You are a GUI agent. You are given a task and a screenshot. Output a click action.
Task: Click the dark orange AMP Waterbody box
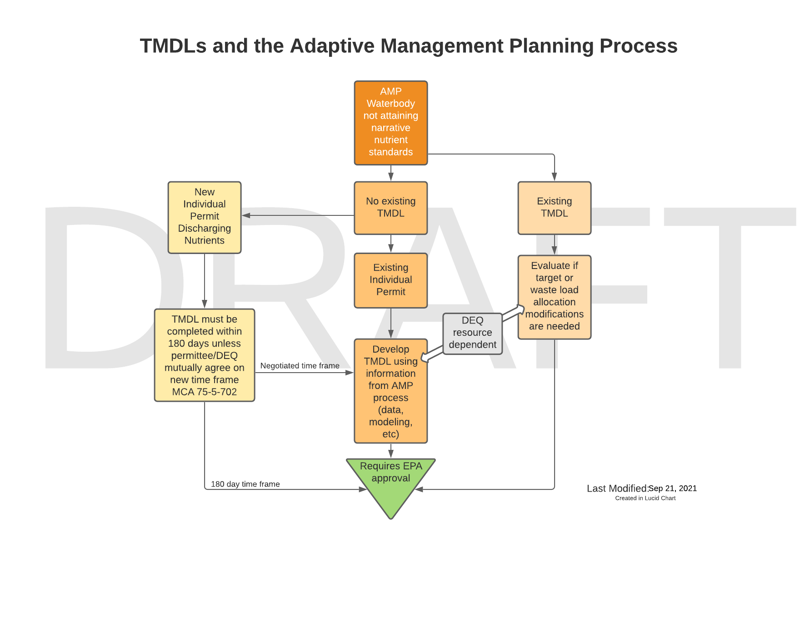point(390,123)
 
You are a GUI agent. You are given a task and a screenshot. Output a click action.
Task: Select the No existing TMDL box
point(390,208)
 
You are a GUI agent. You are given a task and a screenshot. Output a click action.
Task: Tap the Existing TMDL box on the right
point(554,208)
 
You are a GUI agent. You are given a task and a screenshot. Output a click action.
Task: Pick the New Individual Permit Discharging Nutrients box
point(204,217)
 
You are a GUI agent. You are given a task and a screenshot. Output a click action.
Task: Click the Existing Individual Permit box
point(390,280)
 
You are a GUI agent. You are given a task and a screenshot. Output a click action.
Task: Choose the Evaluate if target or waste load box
point(554,296)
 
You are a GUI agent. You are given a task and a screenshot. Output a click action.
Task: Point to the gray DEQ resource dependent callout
point(472,333)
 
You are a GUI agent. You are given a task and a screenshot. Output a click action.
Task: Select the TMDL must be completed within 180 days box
point(204,355)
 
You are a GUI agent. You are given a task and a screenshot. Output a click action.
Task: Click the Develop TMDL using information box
point(390,391)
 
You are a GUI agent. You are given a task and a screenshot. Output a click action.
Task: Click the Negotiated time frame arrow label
point(300,366)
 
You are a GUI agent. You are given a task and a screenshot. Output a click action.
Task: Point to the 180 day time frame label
point(245,484)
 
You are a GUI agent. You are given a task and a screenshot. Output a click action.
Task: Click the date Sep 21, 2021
point(672,488)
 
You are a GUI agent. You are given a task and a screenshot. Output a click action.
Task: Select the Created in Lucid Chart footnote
point(645,498)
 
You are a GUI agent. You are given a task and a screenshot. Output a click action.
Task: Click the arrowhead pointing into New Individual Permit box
point(246,215)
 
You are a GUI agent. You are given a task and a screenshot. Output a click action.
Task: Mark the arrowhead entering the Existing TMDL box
point(554,177)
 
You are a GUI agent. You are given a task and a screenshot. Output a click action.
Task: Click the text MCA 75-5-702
point(204,392)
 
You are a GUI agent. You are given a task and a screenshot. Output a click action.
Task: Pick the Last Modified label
point(617,488)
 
